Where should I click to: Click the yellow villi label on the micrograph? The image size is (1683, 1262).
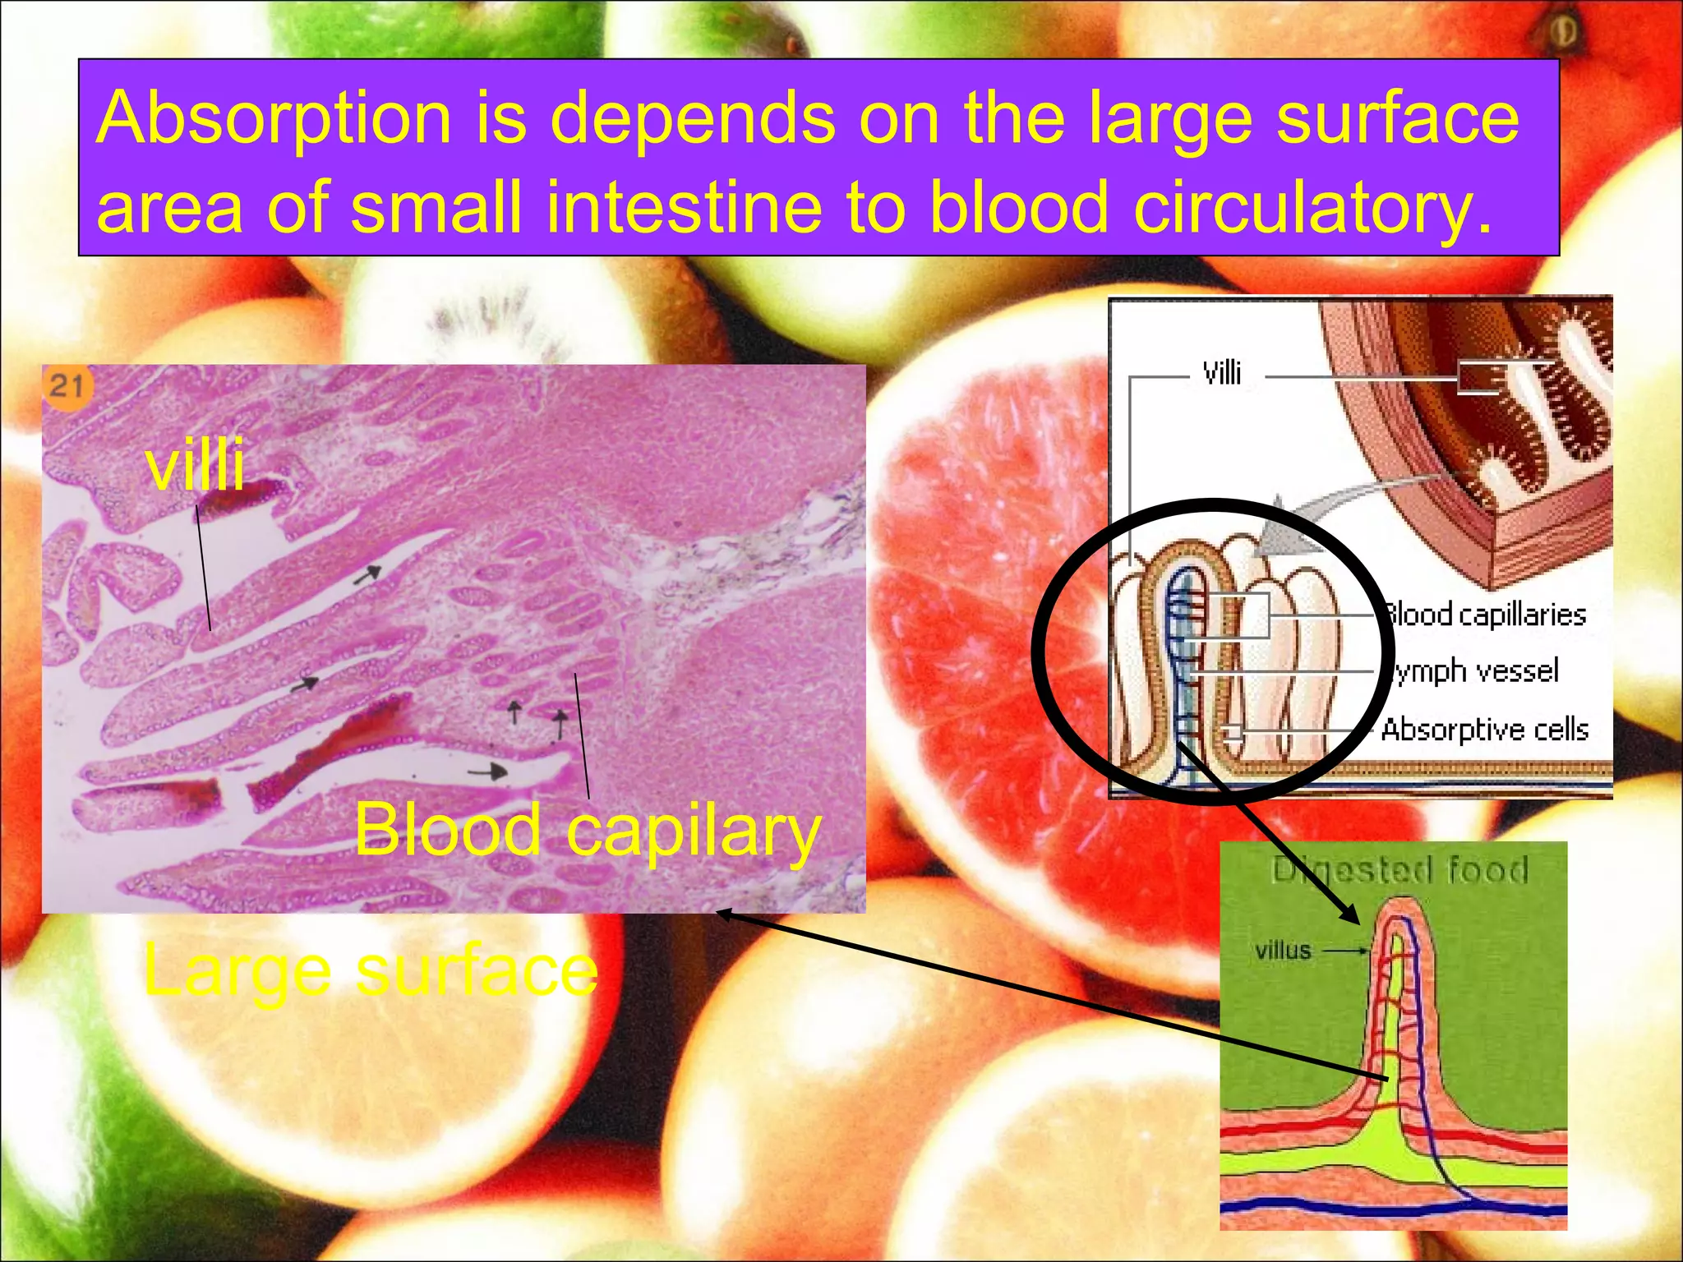tap(195, 465)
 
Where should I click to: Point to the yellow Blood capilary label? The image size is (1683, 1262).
tap(588, 831)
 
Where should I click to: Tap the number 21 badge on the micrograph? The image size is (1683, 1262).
tap(67, 385)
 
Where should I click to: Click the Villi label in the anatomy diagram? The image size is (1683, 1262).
tap(1221, 374)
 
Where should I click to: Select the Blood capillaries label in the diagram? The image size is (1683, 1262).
tap(1484, 615)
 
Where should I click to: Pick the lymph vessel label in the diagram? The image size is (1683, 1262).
tap(1476, 671)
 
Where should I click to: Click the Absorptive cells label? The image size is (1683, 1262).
tap(1484, 730)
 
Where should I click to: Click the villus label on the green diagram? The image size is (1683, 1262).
tap(1283, 951)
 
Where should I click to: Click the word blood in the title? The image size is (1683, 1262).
tap(1020, 206)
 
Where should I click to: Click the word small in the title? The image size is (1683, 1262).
tap(436, 206)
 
